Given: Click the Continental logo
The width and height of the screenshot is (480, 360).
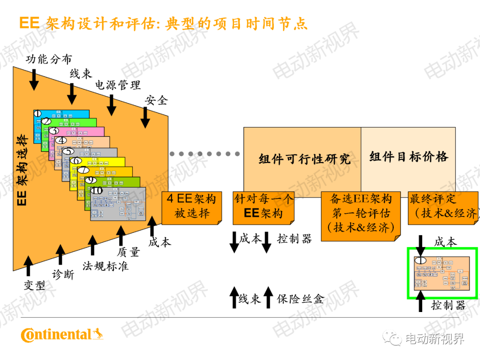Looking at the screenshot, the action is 62,334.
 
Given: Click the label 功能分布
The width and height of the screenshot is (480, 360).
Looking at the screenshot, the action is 48,59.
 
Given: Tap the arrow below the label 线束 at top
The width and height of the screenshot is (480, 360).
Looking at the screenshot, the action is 72,93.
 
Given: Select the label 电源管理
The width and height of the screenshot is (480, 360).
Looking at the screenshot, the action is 118,84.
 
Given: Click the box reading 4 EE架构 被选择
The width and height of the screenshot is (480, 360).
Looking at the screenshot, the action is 192,206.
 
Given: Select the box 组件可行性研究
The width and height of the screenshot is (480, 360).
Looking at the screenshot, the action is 304,159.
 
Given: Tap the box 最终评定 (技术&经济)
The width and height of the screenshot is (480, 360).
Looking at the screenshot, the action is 443,207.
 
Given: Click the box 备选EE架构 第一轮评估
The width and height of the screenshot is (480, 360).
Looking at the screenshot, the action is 360,213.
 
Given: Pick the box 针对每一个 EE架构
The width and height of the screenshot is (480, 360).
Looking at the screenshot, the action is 263,206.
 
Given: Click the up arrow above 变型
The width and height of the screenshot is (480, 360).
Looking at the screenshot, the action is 28,266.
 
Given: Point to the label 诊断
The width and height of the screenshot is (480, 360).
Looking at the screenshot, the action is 63,275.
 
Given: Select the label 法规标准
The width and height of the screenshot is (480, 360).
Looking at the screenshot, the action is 105,266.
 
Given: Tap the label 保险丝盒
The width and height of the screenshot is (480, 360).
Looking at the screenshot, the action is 300,299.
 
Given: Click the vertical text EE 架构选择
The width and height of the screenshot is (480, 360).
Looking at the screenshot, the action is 22,171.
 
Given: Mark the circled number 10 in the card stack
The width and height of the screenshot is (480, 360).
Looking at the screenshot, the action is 97,191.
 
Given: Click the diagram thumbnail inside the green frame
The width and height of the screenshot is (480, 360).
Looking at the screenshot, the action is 442,273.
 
